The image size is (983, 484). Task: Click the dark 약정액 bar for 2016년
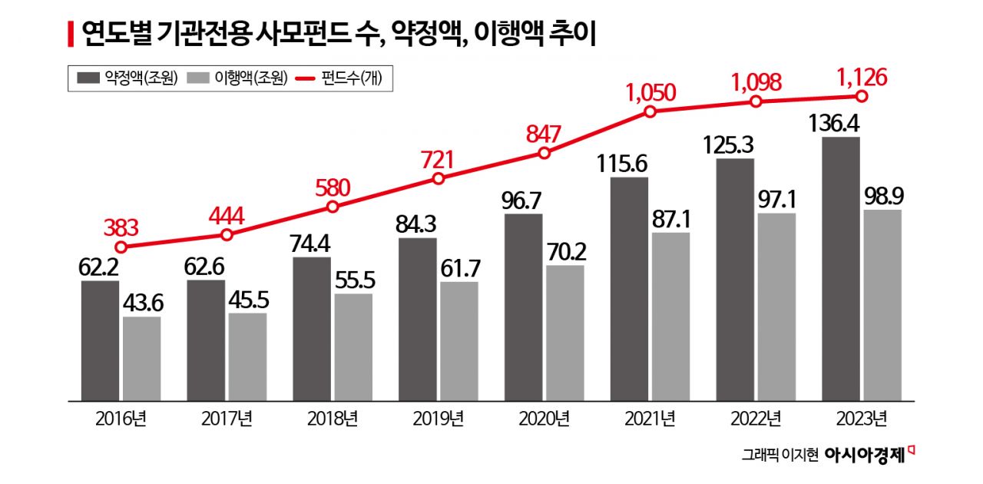point(100,340)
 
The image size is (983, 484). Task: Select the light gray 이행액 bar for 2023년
point(882,304)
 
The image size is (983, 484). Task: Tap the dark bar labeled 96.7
point(523,307)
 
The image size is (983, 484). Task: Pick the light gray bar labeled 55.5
point(353,347)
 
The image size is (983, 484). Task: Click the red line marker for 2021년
point(650,111)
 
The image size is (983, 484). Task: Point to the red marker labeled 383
point(121,247)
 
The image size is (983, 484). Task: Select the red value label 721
point(438,159)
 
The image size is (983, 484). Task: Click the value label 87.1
point(670,217)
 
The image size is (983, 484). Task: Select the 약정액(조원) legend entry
point(127,78)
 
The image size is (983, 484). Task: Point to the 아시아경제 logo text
point(864,454)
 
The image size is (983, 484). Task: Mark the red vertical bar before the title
point(71,34)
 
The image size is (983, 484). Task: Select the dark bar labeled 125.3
point(735,280)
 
